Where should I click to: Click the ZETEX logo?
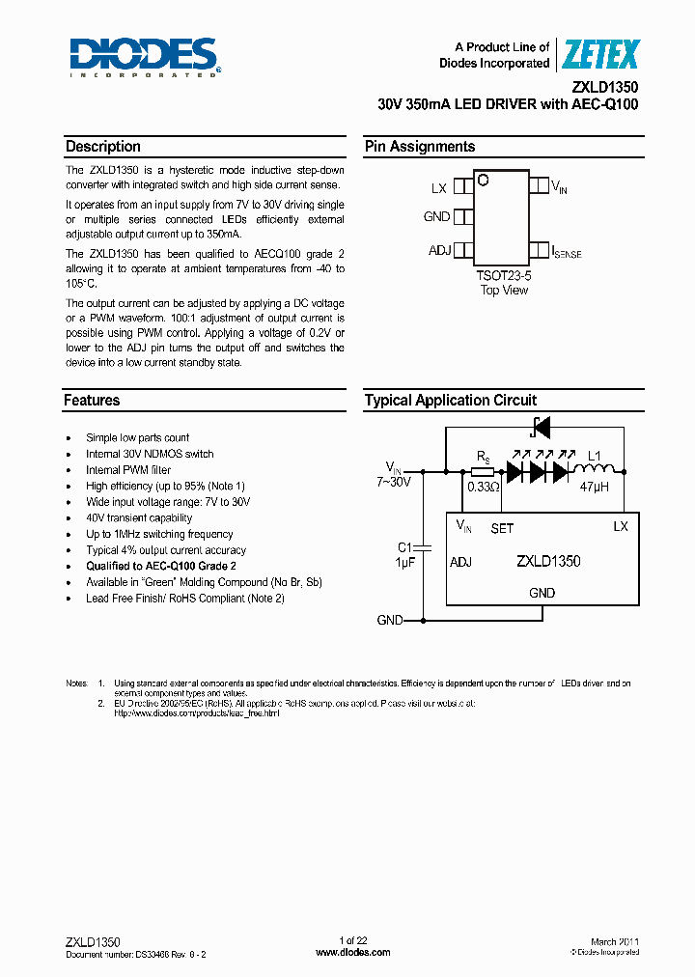(600, 55)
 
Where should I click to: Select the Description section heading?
(102, 147)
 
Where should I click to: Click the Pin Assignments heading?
(419, 147)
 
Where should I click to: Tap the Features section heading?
(92, 400)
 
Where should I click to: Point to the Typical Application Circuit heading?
(450, 400)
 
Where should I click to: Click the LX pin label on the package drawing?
(439, 188)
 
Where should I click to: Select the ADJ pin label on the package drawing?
(439, 251)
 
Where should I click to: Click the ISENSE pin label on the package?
(567, 252)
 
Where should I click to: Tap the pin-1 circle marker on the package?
(484, 180)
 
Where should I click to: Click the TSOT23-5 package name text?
(504, 275)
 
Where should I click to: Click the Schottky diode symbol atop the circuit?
(542, 426)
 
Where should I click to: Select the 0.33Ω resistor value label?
(483, 488)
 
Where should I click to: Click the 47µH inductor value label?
(594, 488)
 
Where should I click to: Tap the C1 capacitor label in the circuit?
(405, 546)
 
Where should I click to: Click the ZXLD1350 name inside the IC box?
(547, 561)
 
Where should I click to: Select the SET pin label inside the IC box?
(502, 528)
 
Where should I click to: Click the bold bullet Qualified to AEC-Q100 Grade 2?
(161, 566)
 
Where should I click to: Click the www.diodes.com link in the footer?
(353, 952)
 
